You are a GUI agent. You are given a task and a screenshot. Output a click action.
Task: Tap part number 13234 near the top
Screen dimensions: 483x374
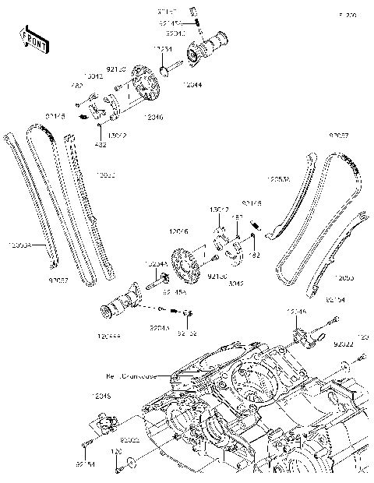163,49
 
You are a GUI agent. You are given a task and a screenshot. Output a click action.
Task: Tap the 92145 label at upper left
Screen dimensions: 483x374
55,116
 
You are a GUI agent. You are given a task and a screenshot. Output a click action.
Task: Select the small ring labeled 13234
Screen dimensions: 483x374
165,72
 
